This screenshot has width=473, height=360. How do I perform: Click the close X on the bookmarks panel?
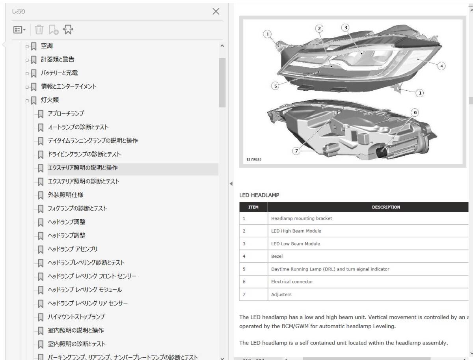click(x=216, y=11)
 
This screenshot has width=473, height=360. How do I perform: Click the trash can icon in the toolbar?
click(x=39, y=30)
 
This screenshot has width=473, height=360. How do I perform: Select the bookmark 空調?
click(x=47, y=46)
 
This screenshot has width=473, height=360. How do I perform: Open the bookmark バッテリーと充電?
click(x=59, y=73)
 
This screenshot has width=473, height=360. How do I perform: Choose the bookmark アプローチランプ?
click(x=65, y=114)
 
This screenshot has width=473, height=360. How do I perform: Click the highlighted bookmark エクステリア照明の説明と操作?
click(x=82, y=168)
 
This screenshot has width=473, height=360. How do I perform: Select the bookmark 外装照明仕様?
click(x=65, y=195)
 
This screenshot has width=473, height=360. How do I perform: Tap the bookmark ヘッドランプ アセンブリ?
click(x=73, y=249)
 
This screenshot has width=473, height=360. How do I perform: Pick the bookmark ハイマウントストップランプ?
click(x=76, y=317)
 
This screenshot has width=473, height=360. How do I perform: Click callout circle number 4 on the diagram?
click(x=441, y=66)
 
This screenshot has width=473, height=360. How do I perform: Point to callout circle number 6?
click(x=414, y=112)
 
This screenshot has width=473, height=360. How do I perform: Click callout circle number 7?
click(x=296, y=150)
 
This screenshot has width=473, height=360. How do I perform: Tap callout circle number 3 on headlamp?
click(x=345, y=27)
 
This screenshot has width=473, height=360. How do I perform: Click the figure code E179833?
click(x=253, y=160)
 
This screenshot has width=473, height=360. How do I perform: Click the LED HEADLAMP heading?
click(x=259, y=195)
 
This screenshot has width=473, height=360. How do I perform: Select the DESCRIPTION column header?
click(x=385, y=207)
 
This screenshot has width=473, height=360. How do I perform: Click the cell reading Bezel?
click(x=277, y=256)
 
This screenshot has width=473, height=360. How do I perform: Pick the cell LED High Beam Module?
click(x=296, y=231)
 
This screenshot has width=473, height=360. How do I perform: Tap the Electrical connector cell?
click(x=292, y=282)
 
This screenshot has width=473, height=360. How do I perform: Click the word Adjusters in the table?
click(x=281, y=295)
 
